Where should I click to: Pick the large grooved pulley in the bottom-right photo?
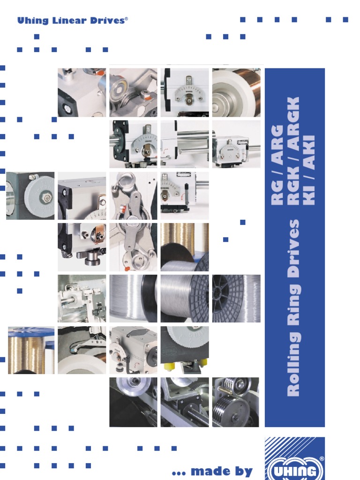[x=232, y=410]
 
